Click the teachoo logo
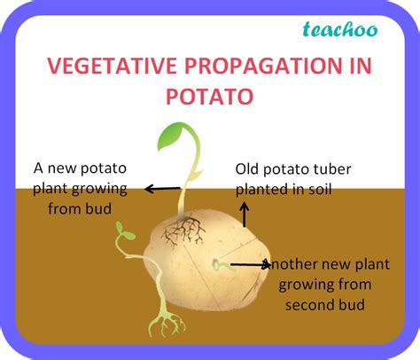coord(340,29)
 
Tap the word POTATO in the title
coord(210,97)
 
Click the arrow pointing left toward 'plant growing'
coord(162,189)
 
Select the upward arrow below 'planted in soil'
coord(245,215)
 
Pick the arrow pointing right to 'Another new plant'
coord(250,265)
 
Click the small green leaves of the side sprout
coord(124,231)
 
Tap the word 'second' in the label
coord(308,305)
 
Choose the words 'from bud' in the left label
coord(80,208)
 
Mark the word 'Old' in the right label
coord(247,169)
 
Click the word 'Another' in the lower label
coord(291,264)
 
